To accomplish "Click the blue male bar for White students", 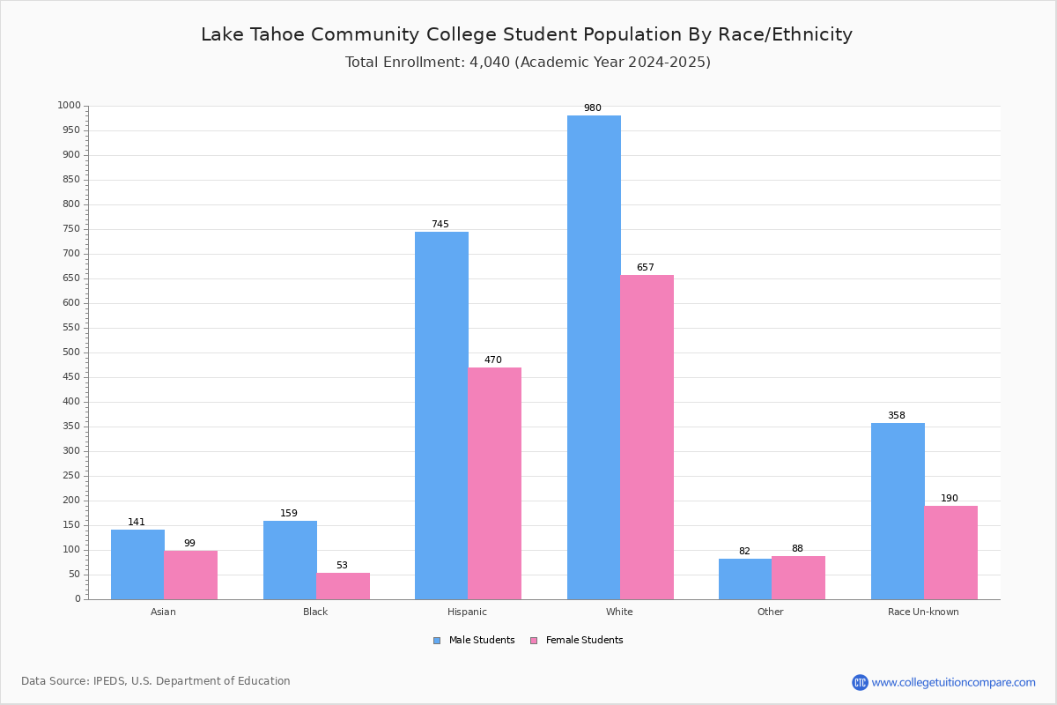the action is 594,358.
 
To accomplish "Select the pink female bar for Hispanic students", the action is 494,484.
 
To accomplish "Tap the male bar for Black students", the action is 290,560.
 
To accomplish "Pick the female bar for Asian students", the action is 190,575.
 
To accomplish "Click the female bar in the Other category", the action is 798,578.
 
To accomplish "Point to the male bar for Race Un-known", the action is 898,511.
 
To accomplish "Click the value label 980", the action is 593,108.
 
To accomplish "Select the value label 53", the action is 342,565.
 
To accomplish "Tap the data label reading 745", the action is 440,224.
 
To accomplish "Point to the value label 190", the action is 950,498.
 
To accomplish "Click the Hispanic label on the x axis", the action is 467,612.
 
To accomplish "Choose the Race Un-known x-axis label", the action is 923,612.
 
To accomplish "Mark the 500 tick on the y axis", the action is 71,352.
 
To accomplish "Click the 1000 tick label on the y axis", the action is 70,105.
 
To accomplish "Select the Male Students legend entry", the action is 474,640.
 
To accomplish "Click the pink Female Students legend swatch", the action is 534,641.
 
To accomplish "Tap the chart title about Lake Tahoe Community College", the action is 527,34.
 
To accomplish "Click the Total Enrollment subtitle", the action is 528,62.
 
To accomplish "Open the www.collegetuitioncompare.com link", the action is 953,682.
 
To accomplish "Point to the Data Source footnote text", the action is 156,681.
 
